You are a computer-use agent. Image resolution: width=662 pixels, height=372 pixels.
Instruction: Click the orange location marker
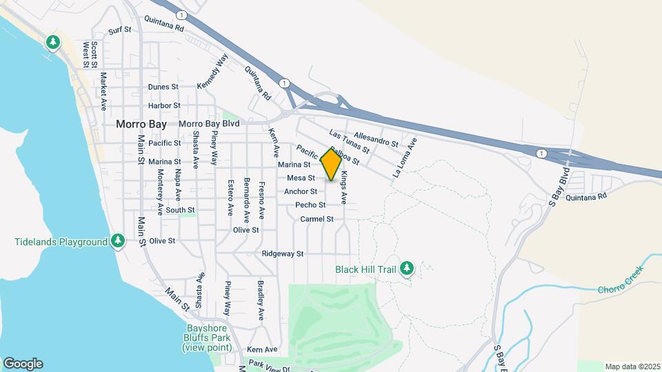pyautogui.click(x=331, y=165)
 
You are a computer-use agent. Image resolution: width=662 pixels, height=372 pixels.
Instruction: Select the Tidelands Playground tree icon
pyautogui.click(x=119, y=241)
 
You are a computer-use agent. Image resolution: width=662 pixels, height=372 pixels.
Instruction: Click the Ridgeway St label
pyautogui.click(x=283, y=254)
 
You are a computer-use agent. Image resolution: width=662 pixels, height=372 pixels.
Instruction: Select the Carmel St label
pyautogui.click(x=317, y=219)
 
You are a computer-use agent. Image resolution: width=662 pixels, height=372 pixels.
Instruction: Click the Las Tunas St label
pyautogui.click(x=350, y=141)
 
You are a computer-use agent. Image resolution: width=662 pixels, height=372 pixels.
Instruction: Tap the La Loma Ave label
pyautogui.click(x=405, y=159)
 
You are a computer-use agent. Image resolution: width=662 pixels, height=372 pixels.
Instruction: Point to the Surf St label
pyautogui.click(x=119, y=31)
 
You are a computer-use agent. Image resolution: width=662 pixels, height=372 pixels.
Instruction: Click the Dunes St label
pyautogui.click(x=163, y=87)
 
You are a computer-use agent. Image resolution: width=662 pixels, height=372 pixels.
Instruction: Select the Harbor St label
pyautogui.click(x=164, y=106)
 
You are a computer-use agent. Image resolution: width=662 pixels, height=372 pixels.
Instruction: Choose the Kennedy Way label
pyautogui.click(x=212, y=72)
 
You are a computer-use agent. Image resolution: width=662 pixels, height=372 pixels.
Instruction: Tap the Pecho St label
pyautogui.click(x=310, y=205)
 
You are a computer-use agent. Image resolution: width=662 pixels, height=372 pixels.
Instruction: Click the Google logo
pyautogui.click(x=23, y=363)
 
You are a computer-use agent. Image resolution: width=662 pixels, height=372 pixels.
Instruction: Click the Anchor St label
pyautogui.click(x=301, y=192)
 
